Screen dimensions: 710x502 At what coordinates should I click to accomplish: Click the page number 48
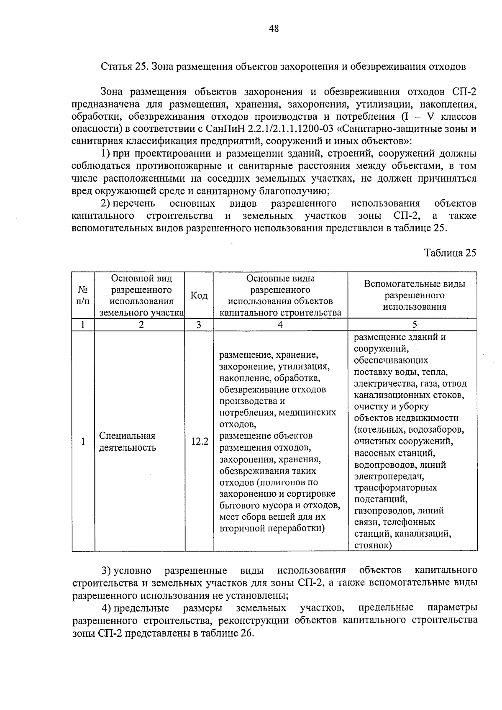274,28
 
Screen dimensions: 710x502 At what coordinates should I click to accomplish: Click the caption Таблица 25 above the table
450,253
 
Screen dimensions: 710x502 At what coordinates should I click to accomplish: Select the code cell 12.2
200,441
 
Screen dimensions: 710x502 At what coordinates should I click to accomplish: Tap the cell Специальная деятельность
127,441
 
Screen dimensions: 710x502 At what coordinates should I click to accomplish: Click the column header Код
199,295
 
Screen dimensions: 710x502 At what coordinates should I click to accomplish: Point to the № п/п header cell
83,295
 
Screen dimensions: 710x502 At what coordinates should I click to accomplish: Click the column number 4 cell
280,325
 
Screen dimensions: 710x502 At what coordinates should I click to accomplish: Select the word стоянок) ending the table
373,545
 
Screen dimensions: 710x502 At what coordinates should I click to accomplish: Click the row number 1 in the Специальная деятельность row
83,441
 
